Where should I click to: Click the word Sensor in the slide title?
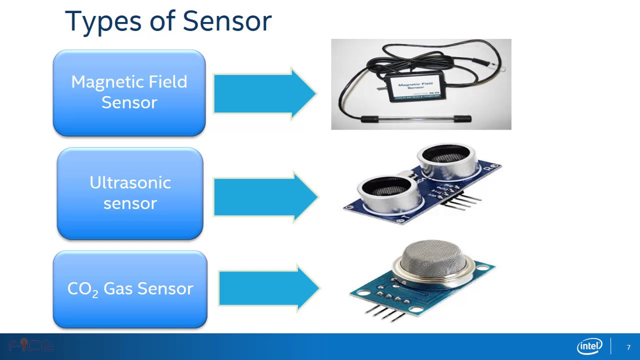coord(227,21)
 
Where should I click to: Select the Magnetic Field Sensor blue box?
coord(129,93)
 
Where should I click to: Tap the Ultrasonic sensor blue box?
coord(130,193)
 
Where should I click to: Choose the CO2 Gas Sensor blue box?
coord(130,289)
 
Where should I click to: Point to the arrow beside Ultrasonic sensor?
coord(265,196)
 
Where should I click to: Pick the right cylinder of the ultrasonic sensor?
coord(446,160)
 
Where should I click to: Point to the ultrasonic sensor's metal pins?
coord(462,200)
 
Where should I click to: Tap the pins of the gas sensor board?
coord(385,312)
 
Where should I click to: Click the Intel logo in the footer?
coord(589,346)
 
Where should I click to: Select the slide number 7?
coord(628,347)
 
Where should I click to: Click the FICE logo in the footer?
coord(31,345)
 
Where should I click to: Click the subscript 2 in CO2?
coord(95,294)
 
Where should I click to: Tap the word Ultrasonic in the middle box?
coord(130,182)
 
